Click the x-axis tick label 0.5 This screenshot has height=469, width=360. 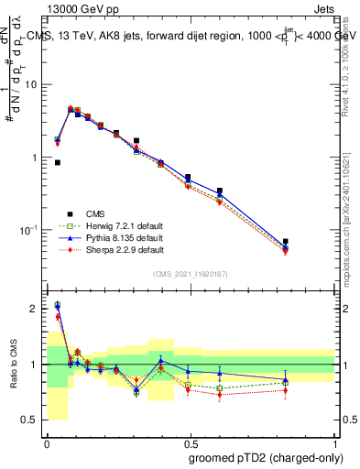(x=189, y=442)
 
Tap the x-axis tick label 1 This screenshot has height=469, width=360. (x=333, y=442)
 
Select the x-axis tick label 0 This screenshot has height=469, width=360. (x=46, y=442)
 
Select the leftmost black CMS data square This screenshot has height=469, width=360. (x=58, y=162)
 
